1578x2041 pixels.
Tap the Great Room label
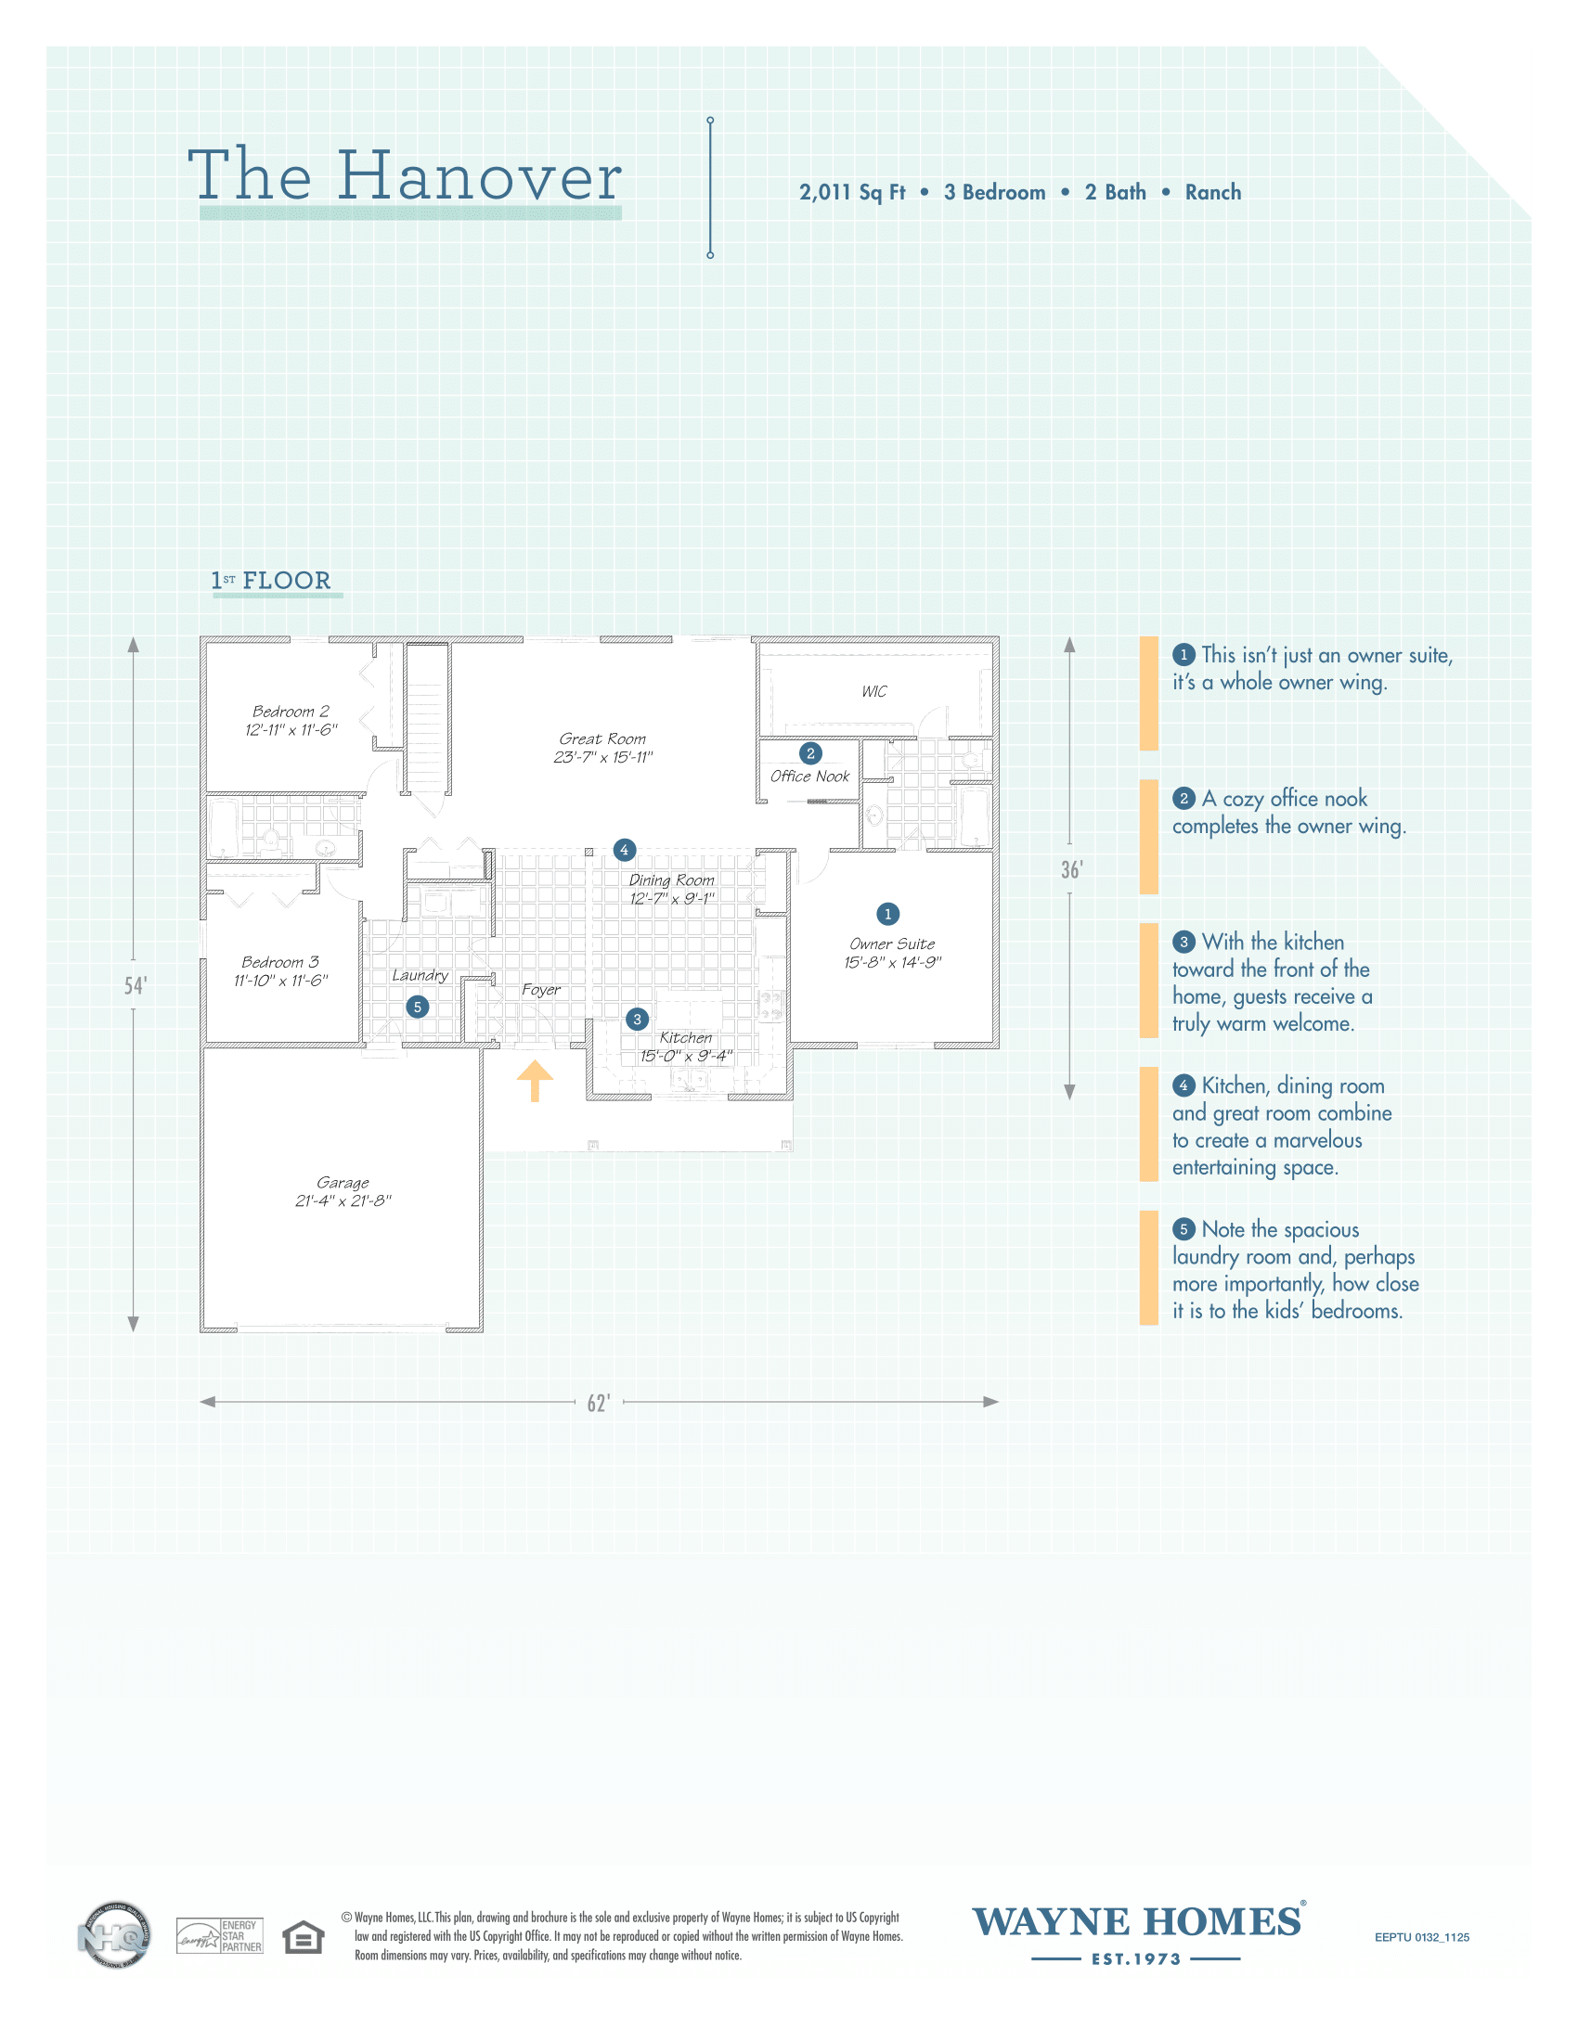[x=603, y=739]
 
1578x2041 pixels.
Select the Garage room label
[x=343, y=1183]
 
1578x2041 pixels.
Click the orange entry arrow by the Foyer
[x=535, y=1081]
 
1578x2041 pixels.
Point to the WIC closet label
[x=874, y=691]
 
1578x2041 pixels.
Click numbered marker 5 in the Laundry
[x=418, y=1007]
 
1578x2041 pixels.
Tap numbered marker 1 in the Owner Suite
[x=888, y=914]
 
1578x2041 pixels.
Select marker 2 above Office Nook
[x=810, y=753]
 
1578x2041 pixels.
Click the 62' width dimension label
[x=600, y=1403]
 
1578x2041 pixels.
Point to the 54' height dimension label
[x=136, y=986]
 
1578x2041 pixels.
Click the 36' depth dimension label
[x=1071, y=870]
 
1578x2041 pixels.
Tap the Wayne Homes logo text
[x=1137, y=1920]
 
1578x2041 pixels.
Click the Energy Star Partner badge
[x=220, y=1935]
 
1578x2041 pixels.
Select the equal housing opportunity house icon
[x=303, y=1936]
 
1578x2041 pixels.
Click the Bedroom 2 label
[x=291, y=712]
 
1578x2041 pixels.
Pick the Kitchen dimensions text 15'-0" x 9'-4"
[x=686, y=1056]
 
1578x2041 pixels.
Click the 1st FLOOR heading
[x=271, y=581]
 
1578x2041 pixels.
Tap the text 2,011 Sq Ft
[x=851, y=193]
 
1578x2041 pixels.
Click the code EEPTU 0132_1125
[x=1422, y=1937]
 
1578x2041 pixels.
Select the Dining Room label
[x=671, y=880]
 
